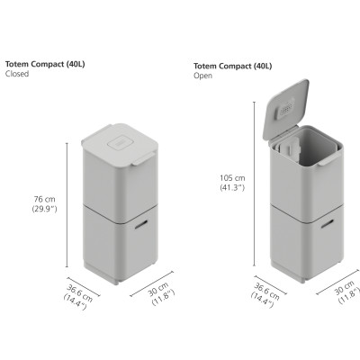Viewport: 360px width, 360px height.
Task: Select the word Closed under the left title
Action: point(18,75)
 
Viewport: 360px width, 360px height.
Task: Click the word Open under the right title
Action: point(202,77)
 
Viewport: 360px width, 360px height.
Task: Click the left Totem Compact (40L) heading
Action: point(44,64)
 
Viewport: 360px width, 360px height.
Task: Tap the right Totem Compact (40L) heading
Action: point(232,67)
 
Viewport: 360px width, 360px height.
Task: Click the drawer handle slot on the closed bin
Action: point(144,224)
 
